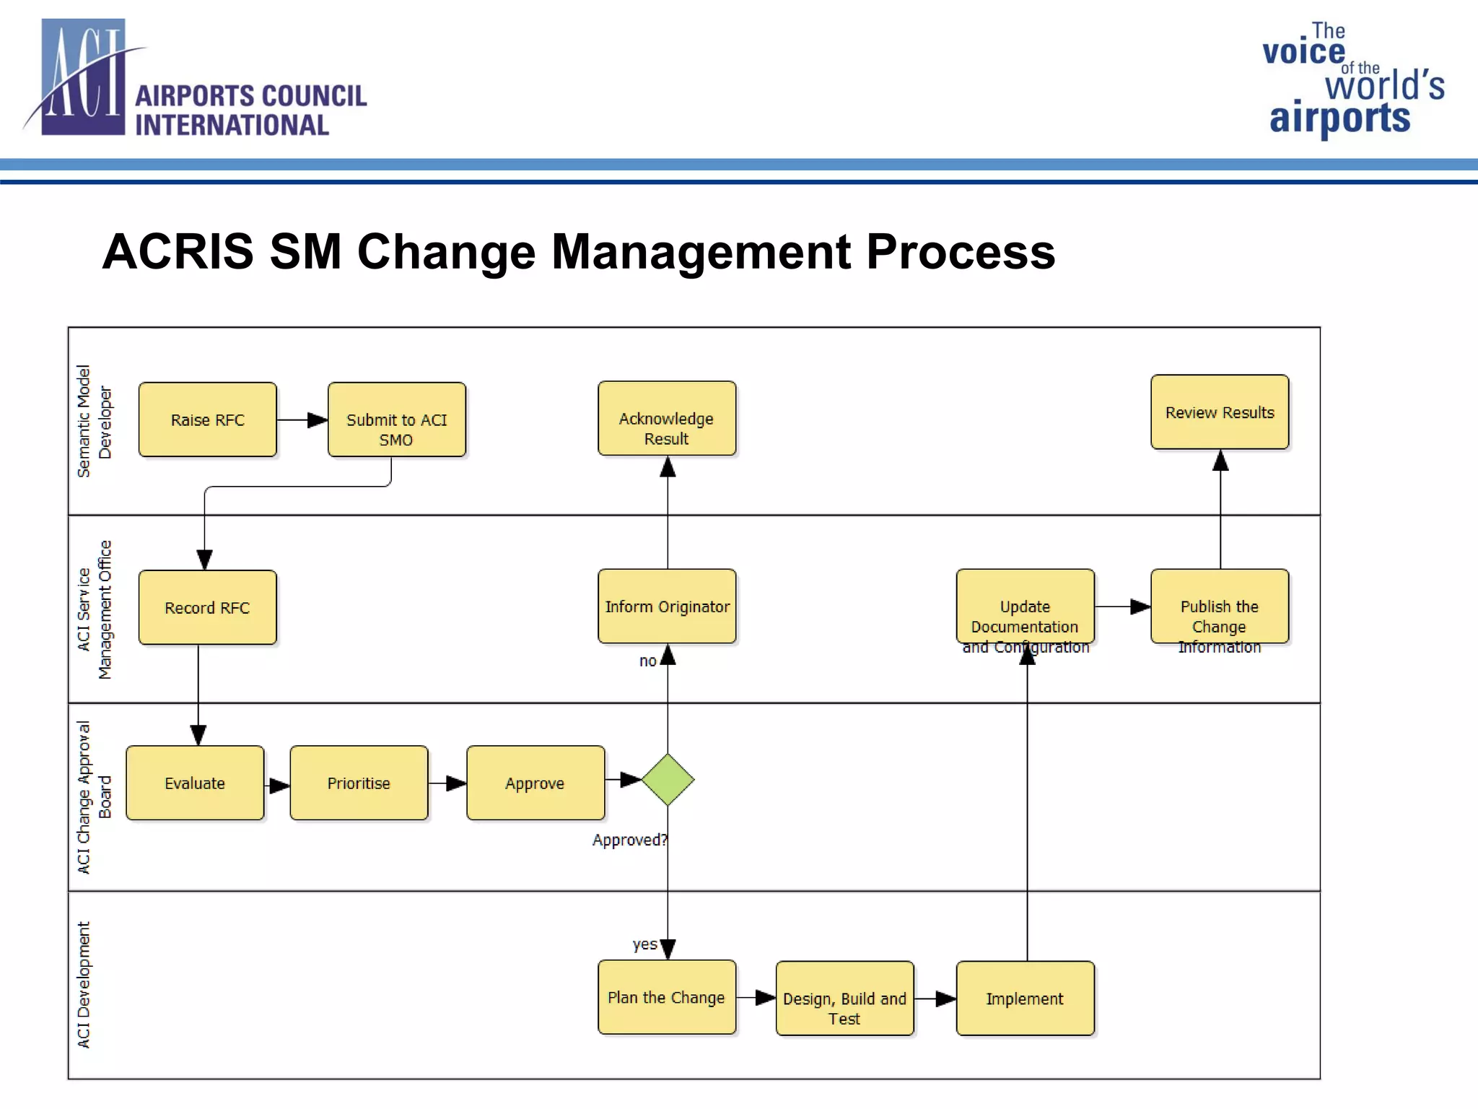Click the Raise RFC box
[207, 419]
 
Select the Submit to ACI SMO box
[396, 419]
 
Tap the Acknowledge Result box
[667, 419]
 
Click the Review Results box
[1220, 412]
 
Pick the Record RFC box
[207, 607]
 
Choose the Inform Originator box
[667, 606]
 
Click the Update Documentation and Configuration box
[1025, 607]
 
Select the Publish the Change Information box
[1220, 607]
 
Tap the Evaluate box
[195, 783]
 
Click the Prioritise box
[359, 783]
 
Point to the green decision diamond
[668, 780]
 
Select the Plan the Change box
[667, 997]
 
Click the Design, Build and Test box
[844, 999]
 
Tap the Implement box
[1025, 999]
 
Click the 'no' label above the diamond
[647, 661]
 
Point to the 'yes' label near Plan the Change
[644, 944]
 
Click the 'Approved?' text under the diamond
[629, 840]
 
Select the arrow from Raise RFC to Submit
[302, 419]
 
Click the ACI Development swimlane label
[84, 985]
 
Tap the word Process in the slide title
[960, 252]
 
